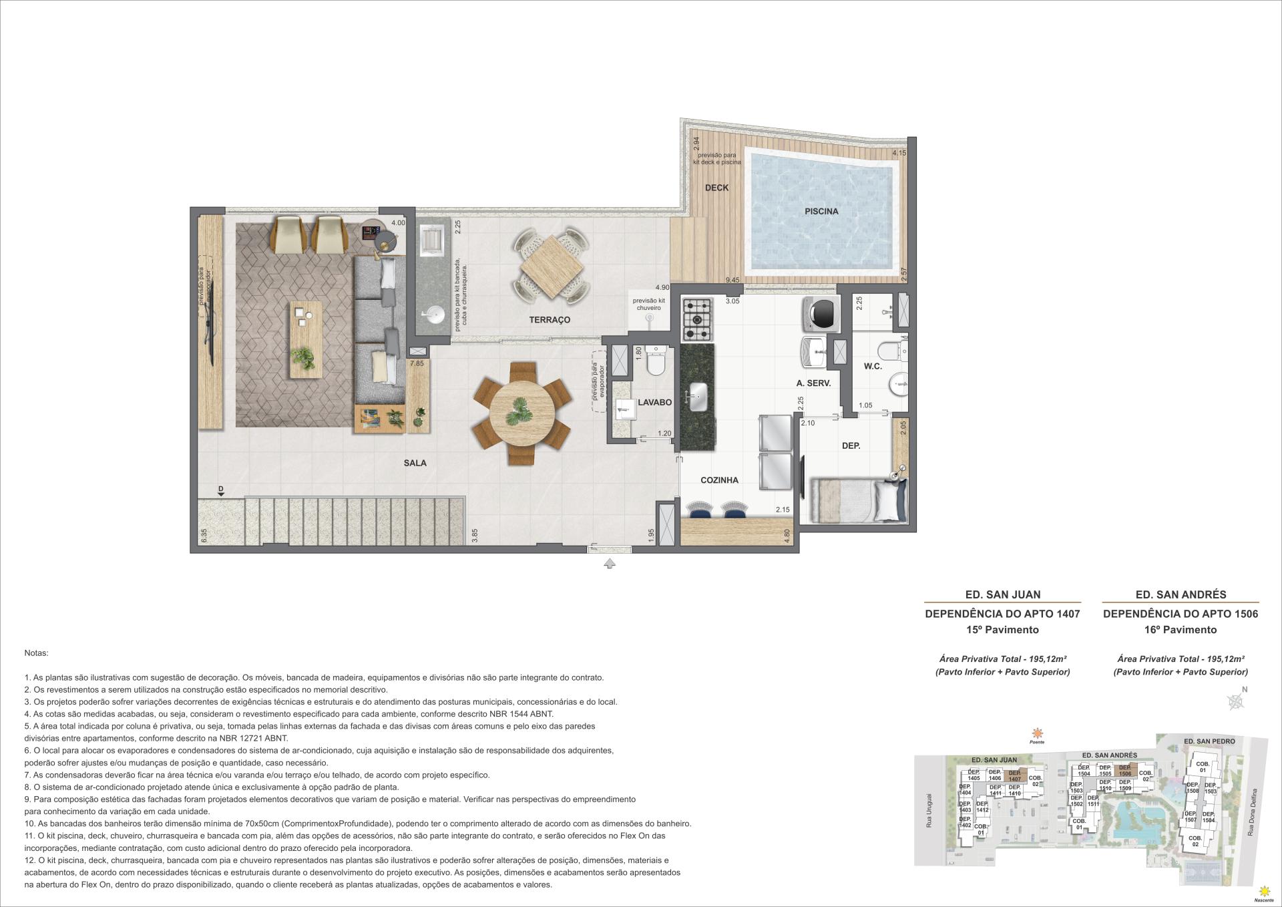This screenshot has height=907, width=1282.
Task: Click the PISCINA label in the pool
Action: tap(821, 211)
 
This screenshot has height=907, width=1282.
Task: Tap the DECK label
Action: tap(716, 188)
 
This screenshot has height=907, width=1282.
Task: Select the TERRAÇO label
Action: tap(550, 320)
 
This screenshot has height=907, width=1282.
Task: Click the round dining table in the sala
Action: tap(521, 413)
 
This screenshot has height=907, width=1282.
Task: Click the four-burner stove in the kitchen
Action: tap(698, 319)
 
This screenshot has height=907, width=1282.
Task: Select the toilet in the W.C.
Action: tap(891, 351)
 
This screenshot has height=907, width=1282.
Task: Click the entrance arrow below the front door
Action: tap(609, 564)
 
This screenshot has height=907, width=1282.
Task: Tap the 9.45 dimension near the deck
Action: tap(732, 281)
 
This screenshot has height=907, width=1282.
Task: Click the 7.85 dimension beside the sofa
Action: tap(417, 363)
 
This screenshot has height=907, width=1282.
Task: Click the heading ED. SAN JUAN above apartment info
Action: tap(1002, 594)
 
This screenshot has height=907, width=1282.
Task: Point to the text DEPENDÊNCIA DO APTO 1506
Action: tap(1180, 613)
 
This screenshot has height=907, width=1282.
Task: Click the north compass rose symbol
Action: tap(1236, 701)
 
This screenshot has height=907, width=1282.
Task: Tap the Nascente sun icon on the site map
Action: tap(1263, 891)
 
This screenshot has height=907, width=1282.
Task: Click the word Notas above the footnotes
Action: tap(36, 653)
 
